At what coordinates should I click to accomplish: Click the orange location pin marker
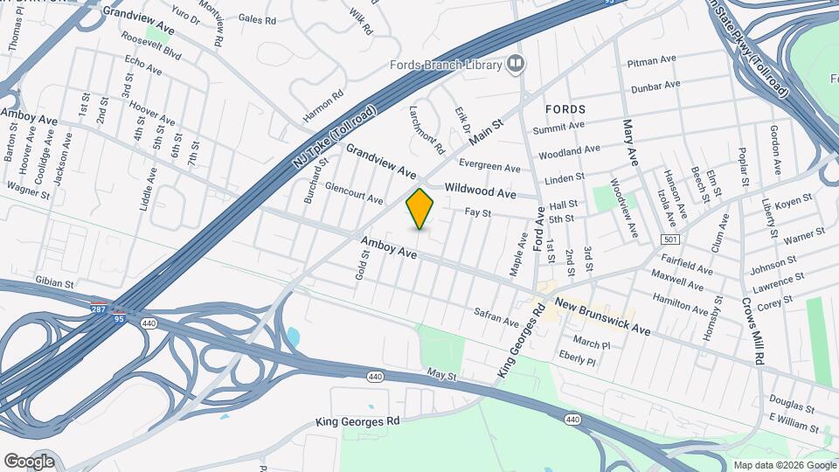[419, 209]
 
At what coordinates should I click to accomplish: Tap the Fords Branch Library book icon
[517, 64]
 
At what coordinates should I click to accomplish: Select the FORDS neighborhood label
[565, 109]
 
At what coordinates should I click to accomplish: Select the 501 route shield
[671, 239]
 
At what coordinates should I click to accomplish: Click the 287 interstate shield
[102, 309]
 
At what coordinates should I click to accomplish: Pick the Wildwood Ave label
[480, 191]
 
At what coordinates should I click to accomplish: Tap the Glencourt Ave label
[354, 193]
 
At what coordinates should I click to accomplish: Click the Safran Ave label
[496, 316]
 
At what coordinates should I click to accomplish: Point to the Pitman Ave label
[652, 62]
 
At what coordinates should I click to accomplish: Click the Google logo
[29, 461]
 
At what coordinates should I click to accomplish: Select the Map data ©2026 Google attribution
[784, 465]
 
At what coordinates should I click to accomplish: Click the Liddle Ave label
[146, 189]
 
